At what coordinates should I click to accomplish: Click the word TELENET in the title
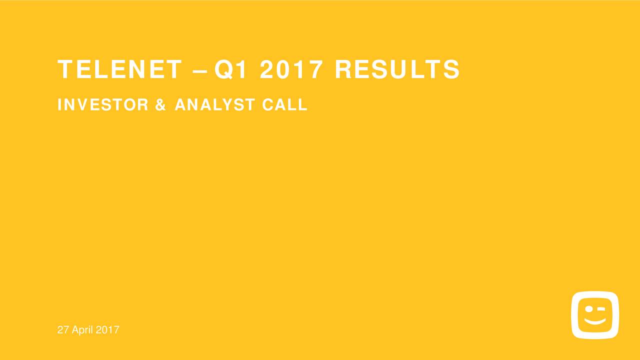[x=119, y=69]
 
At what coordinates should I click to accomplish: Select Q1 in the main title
[x=231, y=69]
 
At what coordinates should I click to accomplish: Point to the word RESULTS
[x=397, y=69]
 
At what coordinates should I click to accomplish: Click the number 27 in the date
[x=62, y=330]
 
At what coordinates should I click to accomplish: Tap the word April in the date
[x=82, y=330]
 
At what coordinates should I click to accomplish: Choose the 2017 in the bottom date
[x=108, y=330]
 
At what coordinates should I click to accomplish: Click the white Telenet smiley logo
[x=595, y=315]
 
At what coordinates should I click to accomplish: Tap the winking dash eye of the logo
[x=601, y=309]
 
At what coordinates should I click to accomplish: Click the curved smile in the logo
[x=595, y=321]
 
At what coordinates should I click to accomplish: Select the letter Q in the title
[x=223, y=69]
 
